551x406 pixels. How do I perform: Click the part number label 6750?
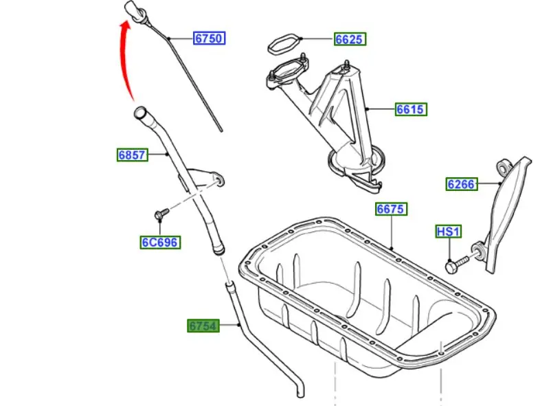tap(209, 38)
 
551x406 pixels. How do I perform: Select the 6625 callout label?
tap(350, 39)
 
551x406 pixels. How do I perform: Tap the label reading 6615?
tap(411, 109)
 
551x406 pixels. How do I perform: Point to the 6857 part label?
tap(132, 155)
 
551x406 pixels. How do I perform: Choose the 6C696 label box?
tap(160, 243)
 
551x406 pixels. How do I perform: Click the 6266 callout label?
tap(462, 184)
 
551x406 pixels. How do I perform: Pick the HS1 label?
tap(449, 232)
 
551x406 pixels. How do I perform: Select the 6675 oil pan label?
tap(391, 209)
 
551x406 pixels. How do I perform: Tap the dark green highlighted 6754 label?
tap(203, 326)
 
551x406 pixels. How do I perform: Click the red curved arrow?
tap(124, 60)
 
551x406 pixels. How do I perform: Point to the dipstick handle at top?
tap(134, 10)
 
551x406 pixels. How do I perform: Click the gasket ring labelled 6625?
tap(284, 44)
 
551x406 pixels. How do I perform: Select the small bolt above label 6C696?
tap(161, 213)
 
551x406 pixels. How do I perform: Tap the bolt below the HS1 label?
tap(456, 264)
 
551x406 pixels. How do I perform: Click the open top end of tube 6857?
tap(140, 112)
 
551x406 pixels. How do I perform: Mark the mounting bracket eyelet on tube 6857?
tap(220, 181)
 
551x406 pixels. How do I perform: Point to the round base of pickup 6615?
tap(355, 165)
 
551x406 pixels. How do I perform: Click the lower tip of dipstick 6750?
tap(221, 130)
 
